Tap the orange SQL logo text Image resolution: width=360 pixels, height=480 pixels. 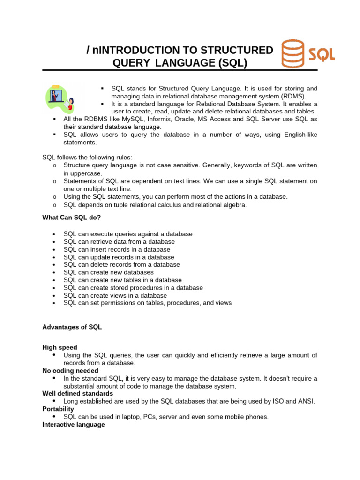coord(322,54)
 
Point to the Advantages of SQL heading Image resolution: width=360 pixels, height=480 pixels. coord(72,327)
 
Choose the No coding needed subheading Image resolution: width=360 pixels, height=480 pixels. coord(70,370)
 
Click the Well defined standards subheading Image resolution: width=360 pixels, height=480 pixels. coord(77,393)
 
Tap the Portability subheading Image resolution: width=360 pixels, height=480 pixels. coord(58,409)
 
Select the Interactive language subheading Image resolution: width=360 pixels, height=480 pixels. coord(74,424)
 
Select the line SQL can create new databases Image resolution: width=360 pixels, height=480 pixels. coord(108,272)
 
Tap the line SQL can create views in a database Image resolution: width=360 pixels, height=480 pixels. coord(115,295)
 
